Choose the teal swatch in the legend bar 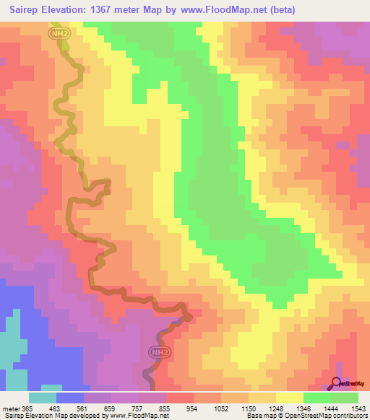pyautogui.click(x=43, y=398)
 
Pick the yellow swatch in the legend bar pyautogui.click(x=290, y=398)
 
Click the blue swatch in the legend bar pyautogui.click(x=70, y=398)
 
